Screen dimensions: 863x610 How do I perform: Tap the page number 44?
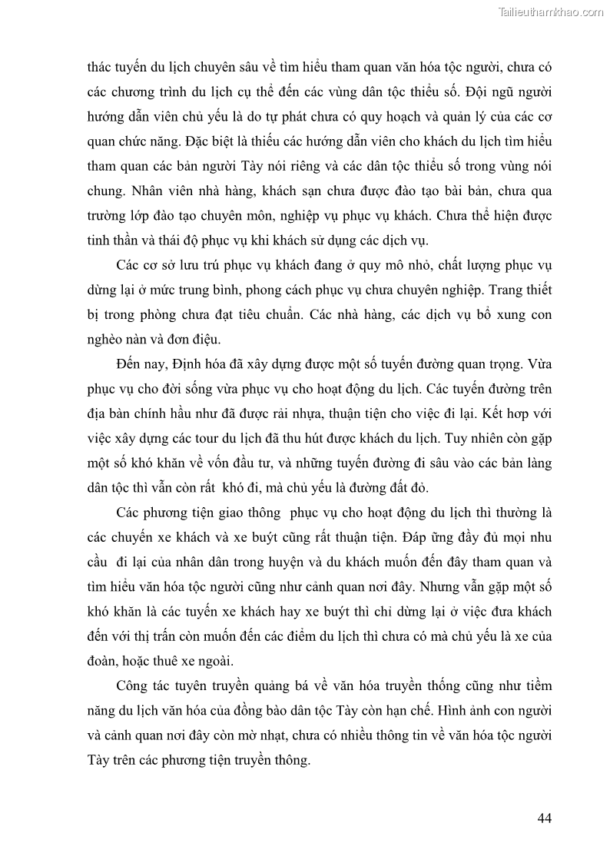[545, 818]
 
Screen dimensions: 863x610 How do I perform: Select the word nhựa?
[304, 415]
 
